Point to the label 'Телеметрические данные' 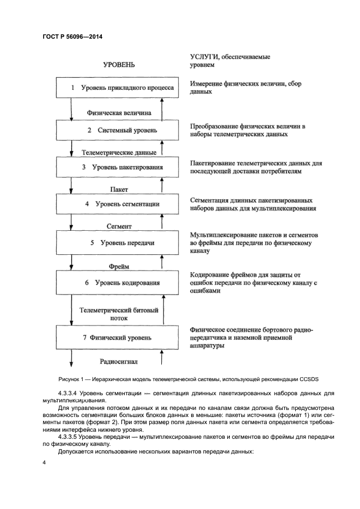tap(119, 152)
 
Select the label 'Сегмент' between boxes tap(119, 225)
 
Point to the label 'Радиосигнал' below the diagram tap(119, 360)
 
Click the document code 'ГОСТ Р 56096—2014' tap(72, 37)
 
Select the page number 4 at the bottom tap(44, 462)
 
